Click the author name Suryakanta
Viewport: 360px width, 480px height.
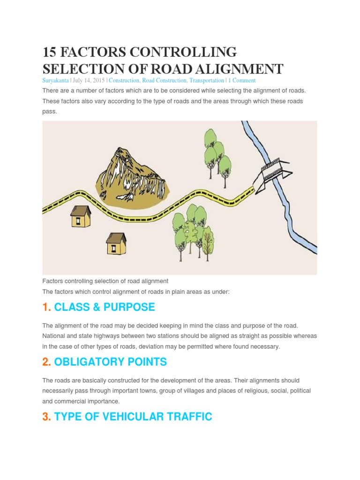[x=55, y=81]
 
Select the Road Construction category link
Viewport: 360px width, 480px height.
[x=164, y=81]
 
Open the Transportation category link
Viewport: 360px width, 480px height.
[x=207, y=81]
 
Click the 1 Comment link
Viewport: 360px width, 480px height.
[x=242, y=81]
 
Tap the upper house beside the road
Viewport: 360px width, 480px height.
[x=81, y=216]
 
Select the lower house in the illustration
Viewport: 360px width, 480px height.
[x=116, y=243]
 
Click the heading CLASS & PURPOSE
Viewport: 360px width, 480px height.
[x=105, y=307]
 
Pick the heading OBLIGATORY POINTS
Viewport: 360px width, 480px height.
[x=110, y=362]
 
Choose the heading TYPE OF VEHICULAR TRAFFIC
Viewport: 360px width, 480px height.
[x=133, y=417]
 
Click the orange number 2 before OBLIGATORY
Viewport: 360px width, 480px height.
[x=46, y=362]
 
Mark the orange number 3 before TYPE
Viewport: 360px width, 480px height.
[x=46, y=417]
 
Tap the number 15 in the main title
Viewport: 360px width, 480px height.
[x=49, y=52]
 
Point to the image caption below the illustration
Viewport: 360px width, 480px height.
[x=105, y=281]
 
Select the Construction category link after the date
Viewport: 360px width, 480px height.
[x=124, y=81]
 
